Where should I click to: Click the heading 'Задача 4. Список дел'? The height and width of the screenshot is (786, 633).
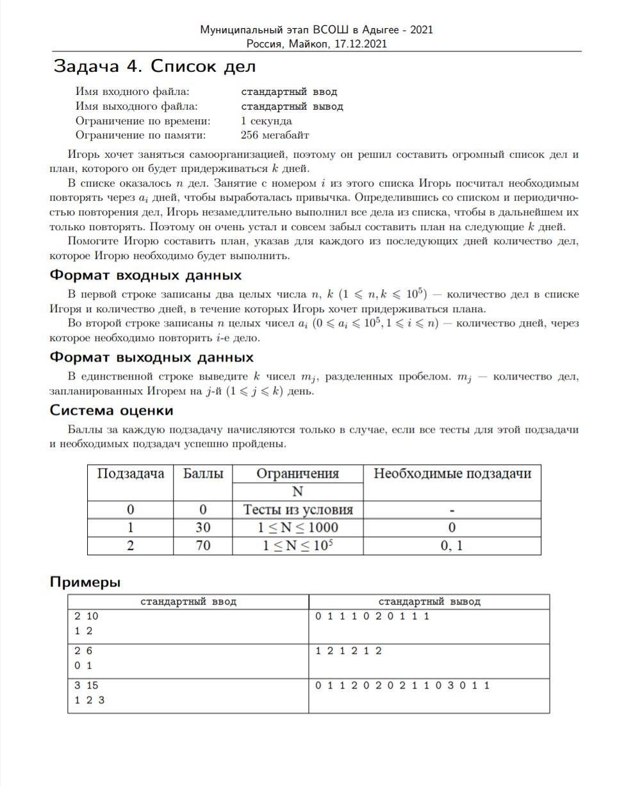point(154,67)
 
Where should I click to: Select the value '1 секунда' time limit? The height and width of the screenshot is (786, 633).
point(267,121)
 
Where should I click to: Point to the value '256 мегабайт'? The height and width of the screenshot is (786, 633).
point(275,135)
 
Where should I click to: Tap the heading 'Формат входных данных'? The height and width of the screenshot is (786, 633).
point(145,276)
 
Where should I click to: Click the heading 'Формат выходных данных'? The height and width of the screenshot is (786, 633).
point(151,358)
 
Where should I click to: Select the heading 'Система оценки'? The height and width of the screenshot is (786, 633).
point(111,410)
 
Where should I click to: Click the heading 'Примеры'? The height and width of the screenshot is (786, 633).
point(85,582)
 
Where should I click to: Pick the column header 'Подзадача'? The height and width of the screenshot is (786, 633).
point(131,474)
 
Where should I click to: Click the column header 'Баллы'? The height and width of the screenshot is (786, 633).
point(203,474)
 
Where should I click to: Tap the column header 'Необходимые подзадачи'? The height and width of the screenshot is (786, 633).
point(452,474)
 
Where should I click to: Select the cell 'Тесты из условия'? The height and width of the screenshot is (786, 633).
point(298,510)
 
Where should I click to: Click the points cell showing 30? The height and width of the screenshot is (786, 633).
point(203,528)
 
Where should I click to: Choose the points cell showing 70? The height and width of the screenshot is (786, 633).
point(203,546)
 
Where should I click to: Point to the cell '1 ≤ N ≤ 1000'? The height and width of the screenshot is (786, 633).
point(298,528)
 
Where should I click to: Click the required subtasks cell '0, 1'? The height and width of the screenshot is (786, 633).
point(452,546)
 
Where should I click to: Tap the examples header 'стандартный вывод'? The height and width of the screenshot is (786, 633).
point(429,602)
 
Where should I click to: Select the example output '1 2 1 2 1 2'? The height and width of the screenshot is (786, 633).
point(349,651)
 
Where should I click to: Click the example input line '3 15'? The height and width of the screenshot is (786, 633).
point(86,686)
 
